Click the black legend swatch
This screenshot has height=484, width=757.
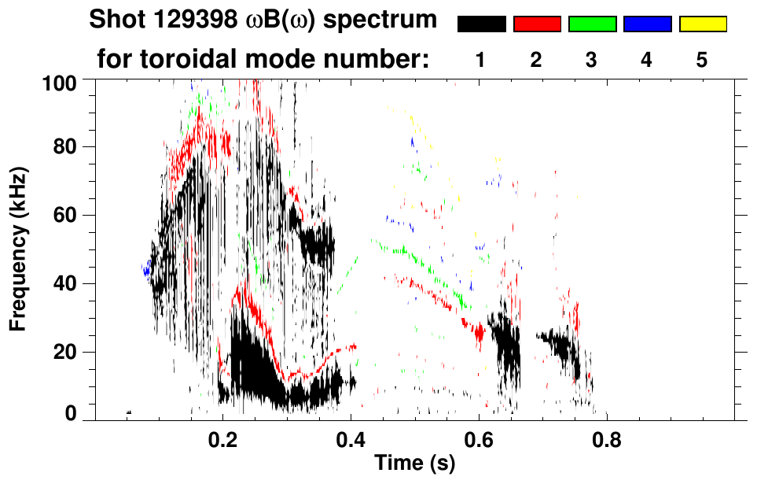point(481,24)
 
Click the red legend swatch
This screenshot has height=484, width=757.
point(537,24)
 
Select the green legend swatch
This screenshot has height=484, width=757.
point(592,24)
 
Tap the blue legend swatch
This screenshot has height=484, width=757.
point(647,24)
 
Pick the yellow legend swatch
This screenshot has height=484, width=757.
point(703,24)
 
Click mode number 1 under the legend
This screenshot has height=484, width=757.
point(480,60)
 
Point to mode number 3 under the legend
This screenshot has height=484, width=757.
point(591,60)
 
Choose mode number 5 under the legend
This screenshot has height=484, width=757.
point(702,60)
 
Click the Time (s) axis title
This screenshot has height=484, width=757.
point(414,464)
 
